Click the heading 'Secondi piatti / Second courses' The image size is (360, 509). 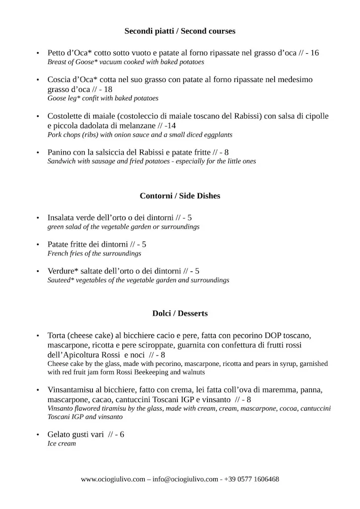(180, 31)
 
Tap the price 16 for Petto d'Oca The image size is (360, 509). (314, 53)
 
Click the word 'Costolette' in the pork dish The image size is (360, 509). (66, 116)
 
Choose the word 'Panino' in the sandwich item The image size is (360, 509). (60, 152)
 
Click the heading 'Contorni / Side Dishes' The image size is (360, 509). (180, 196)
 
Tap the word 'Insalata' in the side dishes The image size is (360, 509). (62, 218)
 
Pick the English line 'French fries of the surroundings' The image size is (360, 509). (94, 254)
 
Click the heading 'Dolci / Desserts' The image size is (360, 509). (180, 314)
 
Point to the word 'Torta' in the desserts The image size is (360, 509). (58, 336)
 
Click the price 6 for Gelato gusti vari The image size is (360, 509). (122, 434)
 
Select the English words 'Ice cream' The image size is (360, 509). (62, 443)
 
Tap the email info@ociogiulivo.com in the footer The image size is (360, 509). (185, 480)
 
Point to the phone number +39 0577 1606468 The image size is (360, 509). (251, 480)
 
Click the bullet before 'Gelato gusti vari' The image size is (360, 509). (38, 435)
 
